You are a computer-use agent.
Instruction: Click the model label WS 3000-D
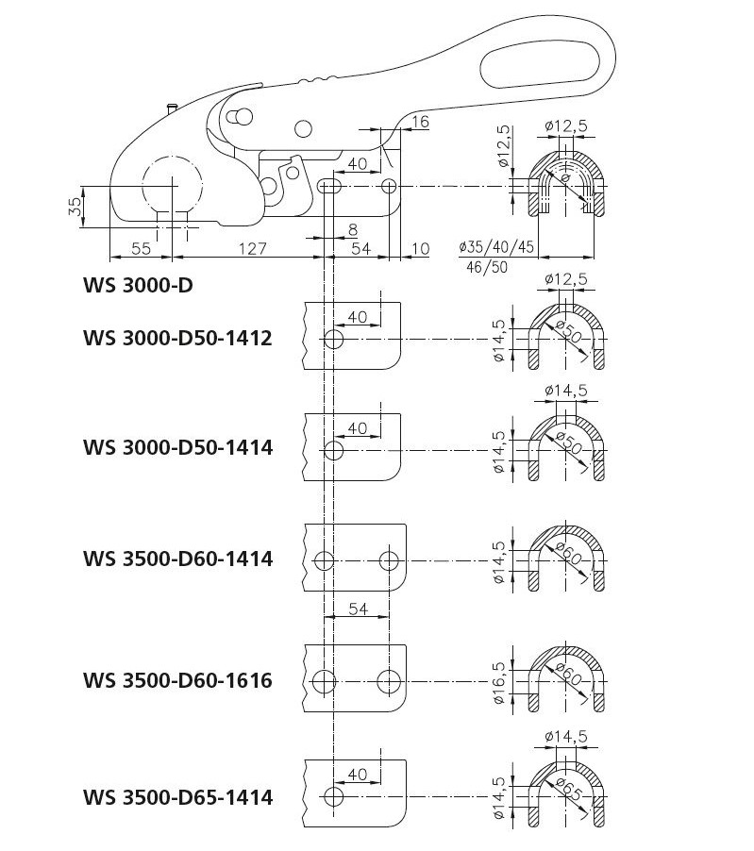point(138,285)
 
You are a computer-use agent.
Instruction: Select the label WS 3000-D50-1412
point(177,338)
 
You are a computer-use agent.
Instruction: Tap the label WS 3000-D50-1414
point(177,448)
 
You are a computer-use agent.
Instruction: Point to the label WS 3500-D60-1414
point(177,559)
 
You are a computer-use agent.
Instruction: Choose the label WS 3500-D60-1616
point(177,680)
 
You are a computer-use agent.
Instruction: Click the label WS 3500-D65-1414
point(177,798)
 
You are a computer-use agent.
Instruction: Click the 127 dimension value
point(252,248)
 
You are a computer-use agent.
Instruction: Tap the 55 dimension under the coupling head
point(141,248)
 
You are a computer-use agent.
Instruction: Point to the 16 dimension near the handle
point(420,122)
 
